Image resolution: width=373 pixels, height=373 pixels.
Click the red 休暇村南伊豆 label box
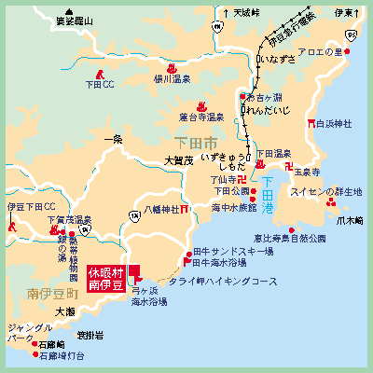pyautogui.click(x=106, y=279)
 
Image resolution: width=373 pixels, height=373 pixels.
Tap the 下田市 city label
pyautogui.click(x=195, y=142)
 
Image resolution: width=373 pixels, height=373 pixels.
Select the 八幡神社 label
pyautogui.click(x=161, y=210)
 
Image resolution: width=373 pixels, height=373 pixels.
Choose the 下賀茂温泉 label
pyautogui.click(x=70, y=220)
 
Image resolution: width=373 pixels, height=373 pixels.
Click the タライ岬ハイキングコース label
pyautogui.click(x=222, y=280)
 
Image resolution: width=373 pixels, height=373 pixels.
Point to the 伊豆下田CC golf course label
pyautogui.click(x=31, y=206)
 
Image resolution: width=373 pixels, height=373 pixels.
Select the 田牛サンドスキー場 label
pyautogui.click(x=234, y=252)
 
